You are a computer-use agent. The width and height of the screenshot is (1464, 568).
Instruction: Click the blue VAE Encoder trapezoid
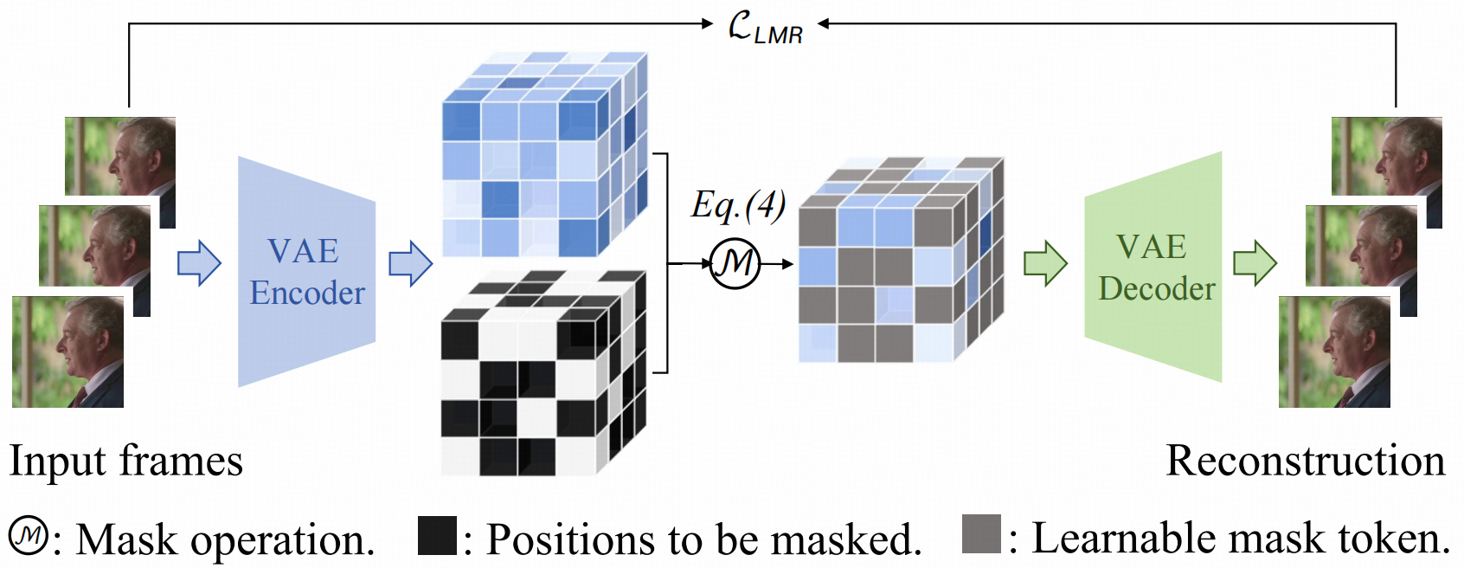306,271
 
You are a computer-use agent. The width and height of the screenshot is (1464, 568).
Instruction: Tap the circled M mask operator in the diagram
735,263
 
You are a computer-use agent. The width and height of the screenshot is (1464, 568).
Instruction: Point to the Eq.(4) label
738,206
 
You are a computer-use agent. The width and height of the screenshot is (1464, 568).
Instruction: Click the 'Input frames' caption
126,461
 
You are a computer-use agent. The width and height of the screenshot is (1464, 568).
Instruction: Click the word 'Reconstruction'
1305,461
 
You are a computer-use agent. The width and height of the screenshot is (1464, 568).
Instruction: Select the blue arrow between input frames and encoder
199,262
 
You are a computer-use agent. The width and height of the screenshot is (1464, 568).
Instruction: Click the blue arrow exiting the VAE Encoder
410,263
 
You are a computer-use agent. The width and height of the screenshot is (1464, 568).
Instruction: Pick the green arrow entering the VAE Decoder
1045,263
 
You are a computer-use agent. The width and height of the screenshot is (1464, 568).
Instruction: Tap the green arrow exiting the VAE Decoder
1255,263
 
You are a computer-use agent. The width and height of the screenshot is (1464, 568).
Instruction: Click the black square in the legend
437,536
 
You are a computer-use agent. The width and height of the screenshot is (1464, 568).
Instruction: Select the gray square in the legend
981,534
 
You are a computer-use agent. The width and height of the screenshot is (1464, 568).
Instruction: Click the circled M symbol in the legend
29,536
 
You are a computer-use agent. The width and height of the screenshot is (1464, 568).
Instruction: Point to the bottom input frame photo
67,352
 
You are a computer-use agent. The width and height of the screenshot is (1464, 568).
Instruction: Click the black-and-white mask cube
543,374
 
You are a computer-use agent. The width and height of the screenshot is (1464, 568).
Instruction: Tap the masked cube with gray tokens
900,260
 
